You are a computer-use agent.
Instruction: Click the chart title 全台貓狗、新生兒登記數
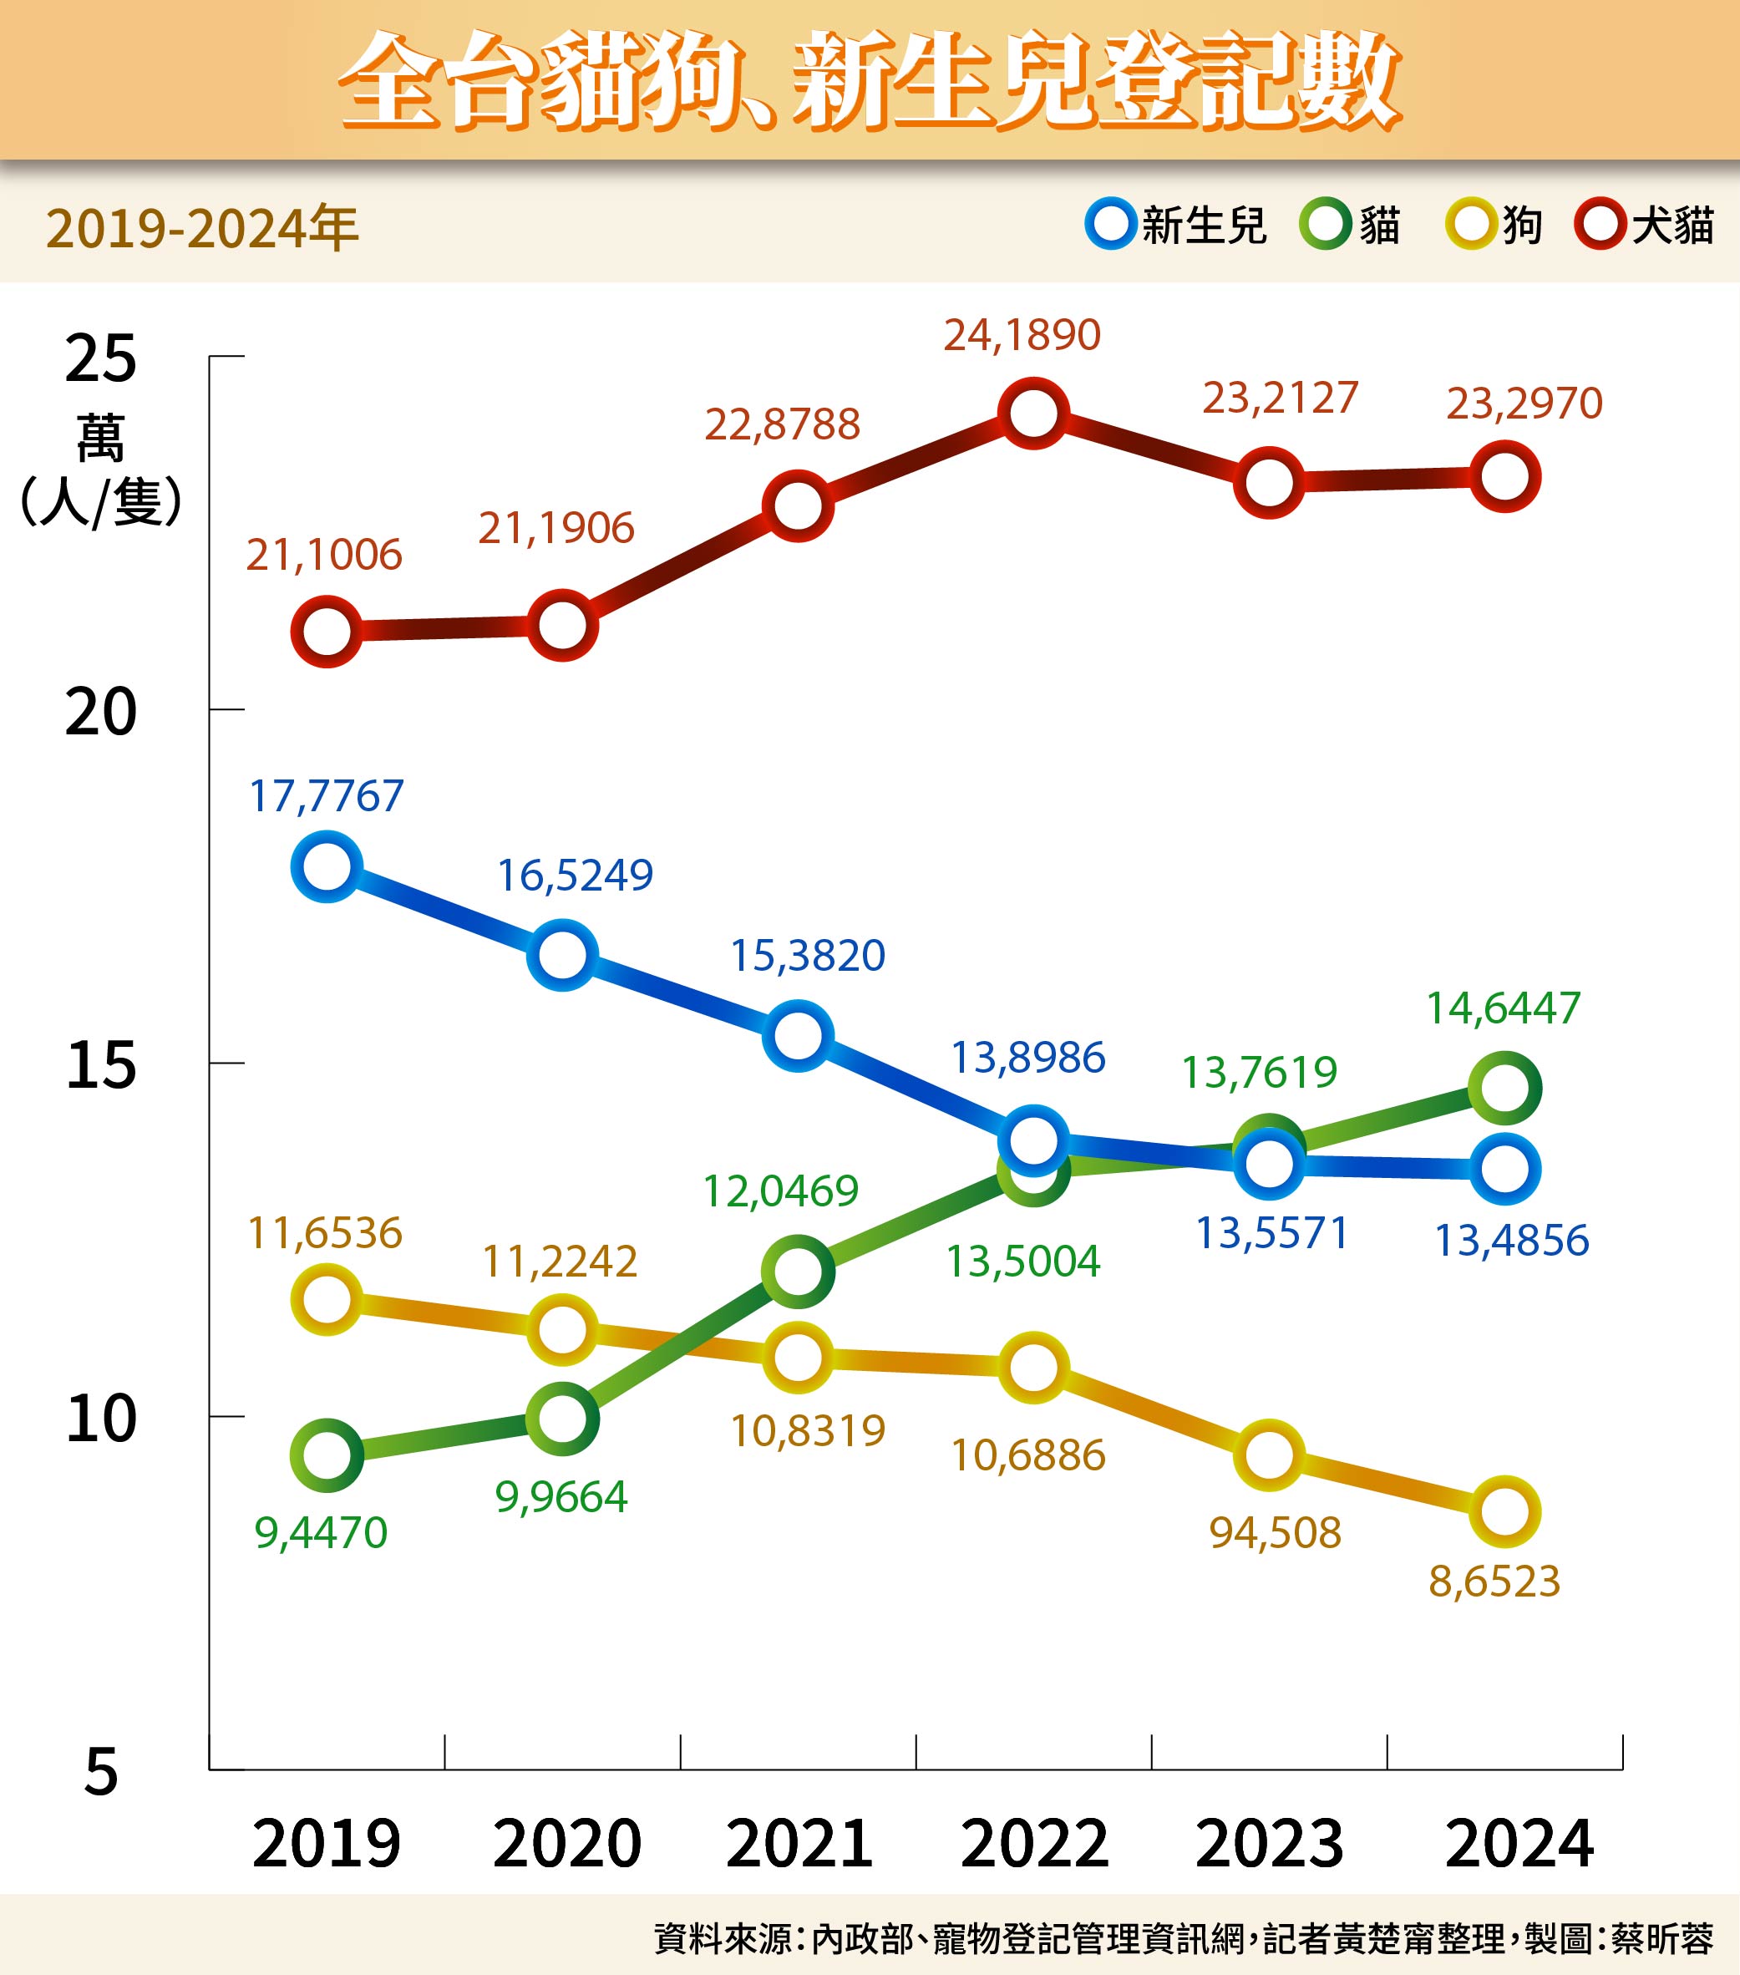(x=870, y=80)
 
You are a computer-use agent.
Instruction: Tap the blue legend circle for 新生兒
(x=1110, y=224)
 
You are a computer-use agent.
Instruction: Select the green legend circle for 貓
(x=1325, y=224)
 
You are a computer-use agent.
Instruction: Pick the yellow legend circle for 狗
(x=1470, y=224)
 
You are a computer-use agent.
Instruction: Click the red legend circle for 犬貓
(x=1600, y=224)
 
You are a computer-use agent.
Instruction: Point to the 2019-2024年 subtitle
(x=202, y=229)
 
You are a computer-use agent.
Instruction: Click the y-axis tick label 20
(x=100, y=713)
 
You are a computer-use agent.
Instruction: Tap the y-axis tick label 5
(x=100, y=1773)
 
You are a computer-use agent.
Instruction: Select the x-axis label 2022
(x=1034, y=1844)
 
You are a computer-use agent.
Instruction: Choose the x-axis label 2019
(x=327, y=1844)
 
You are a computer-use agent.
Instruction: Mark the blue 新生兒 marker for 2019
(x=327, y=866)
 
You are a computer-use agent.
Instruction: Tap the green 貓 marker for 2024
(x=1504, y=1089)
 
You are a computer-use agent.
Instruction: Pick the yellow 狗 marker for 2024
(x=1504, y=1512)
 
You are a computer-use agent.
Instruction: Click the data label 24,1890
(x=1022, y=335)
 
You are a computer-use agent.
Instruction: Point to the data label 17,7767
(x=327, y=796)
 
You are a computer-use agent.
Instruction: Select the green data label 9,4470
(x=321, y=1533)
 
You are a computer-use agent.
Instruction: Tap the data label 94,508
(x=1276, y=1533)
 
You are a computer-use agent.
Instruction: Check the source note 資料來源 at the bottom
(x=1184, y=1938)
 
